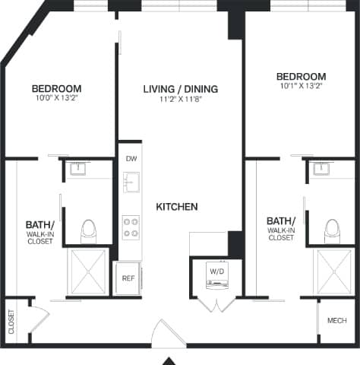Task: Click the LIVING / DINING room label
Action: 180,89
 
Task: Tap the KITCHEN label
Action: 177,207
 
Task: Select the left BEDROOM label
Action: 57,88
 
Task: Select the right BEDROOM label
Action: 301,77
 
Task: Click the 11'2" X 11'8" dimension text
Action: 180,99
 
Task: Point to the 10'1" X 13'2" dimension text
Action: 301,87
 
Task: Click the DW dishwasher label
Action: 131,159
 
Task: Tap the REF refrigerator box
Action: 128,278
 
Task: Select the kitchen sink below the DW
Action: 131,182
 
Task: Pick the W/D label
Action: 216,270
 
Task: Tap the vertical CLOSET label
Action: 11,322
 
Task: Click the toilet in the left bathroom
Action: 89,229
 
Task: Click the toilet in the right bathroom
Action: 331,229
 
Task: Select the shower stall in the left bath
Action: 89,270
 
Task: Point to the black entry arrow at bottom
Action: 171,360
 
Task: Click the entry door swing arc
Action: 165,332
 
